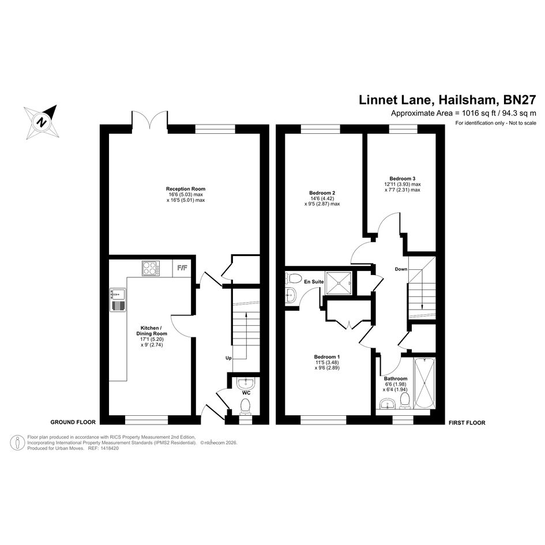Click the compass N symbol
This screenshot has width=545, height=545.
pos(43,122)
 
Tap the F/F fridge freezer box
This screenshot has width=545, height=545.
pos(182,268)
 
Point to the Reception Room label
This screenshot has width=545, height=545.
pos(186,189)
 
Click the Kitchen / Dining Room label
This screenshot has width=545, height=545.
pos(152,330)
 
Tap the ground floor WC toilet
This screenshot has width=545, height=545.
pos(246,406)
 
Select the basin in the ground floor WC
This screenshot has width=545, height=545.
pos(246,384)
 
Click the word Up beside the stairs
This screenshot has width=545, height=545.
pos(228,358)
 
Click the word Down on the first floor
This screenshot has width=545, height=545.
pos(401,269)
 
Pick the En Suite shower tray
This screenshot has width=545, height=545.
pos(338,283)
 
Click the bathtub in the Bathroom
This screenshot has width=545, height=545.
pos(424,384)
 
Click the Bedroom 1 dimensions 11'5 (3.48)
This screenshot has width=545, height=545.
pos(327,362)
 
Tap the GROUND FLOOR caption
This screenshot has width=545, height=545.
pos(73,422)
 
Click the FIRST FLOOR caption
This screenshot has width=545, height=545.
pos(467,423)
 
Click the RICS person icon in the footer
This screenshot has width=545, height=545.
pos(17,442)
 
